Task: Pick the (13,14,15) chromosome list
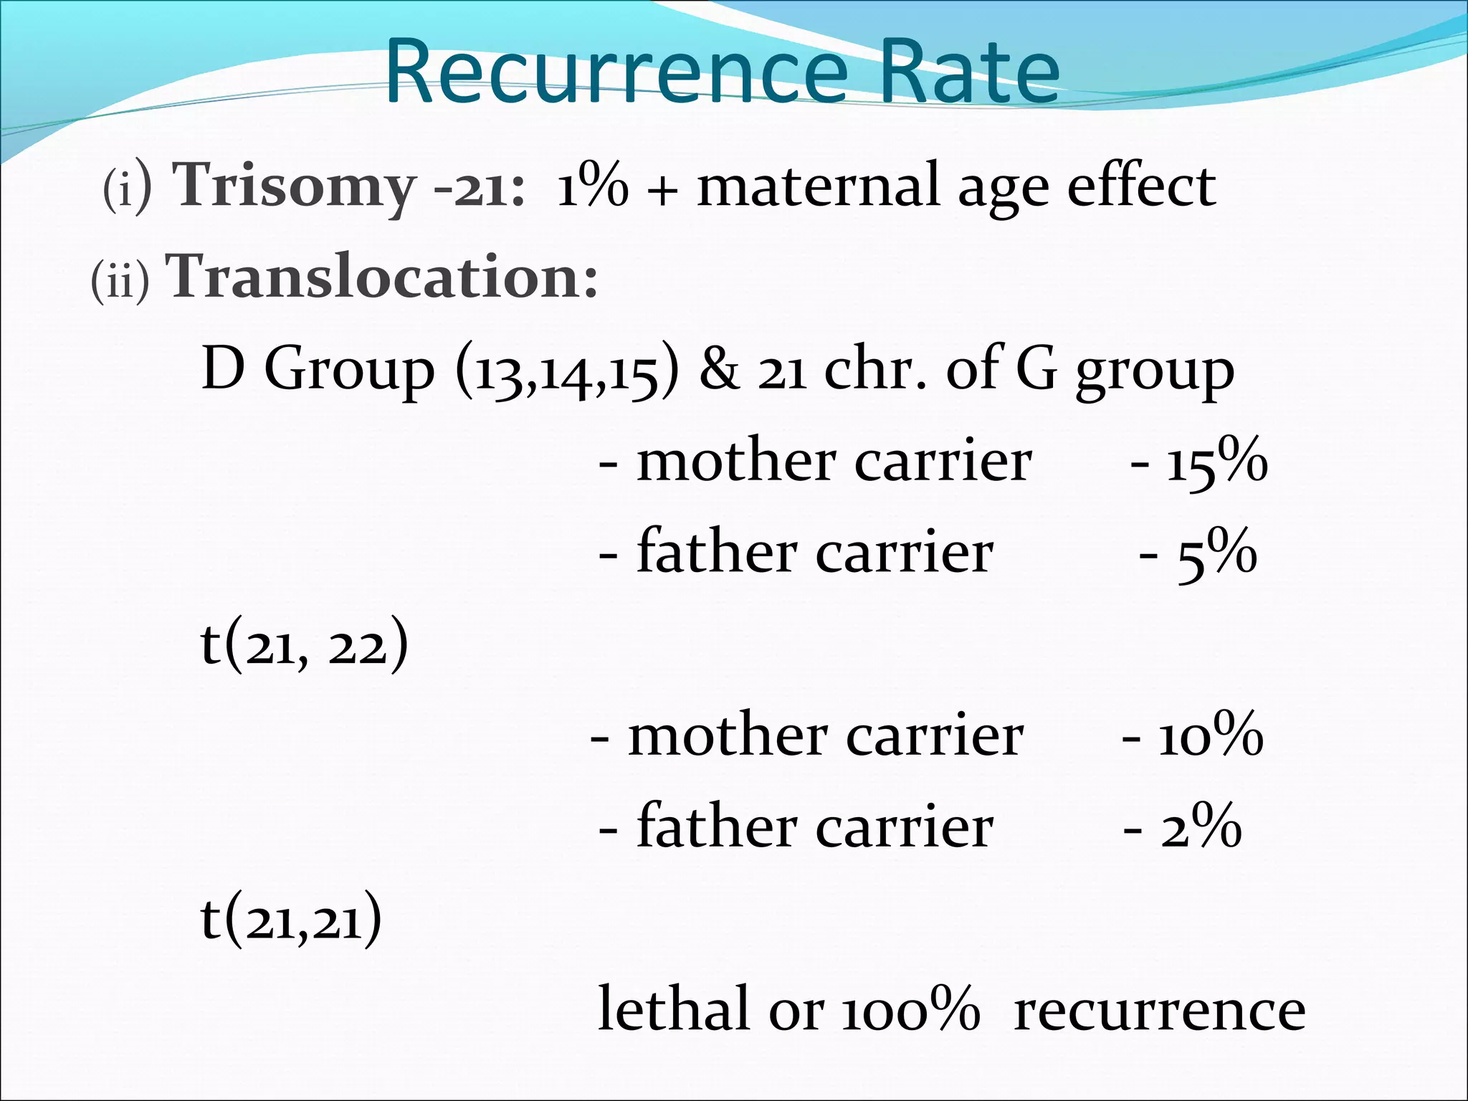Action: click(x=567, y=371)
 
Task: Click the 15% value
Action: click(x=1216, y=462)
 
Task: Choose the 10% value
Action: click(x=1211, y=737)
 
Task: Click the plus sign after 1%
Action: click(x=662, y=191)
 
